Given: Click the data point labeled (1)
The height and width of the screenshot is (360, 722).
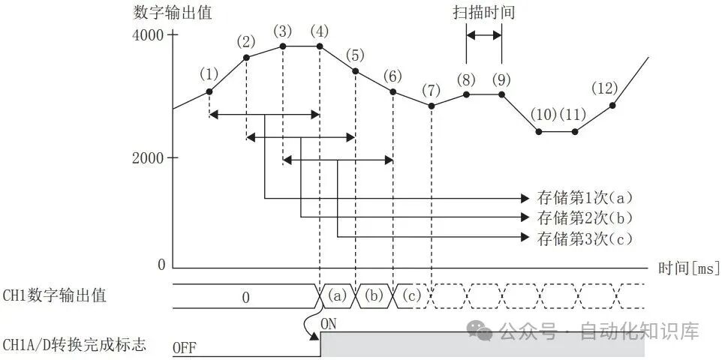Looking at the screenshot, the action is [x=209, y=91].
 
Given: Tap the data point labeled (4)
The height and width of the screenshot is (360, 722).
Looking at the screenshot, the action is [x=320, y=46].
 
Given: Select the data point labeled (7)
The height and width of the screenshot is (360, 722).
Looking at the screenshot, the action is [x=431, y=106].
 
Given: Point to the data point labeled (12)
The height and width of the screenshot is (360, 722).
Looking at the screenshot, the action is [x=612, y=105].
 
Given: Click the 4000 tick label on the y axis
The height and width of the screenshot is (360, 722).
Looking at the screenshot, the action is [x=147, y=35].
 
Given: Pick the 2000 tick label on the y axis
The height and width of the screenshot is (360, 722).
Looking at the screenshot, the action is [x=147, y=158].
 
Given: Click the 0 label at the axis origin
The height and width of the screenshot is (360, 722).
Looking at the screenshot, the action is [x=161, y=265].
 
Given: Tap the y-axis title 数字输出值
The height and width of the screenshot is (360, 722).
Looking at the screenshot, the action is [x=173, y=13].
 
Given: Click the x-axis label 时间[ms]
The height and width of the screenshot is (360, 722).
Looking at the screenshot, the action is [x=689, y=268].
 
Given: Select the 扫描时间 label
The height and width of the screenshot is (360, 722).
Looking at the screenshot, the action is [x=483, y=13].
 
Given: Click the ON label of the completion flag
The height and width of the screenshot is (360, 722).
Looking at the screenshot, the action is [x=328, y=325].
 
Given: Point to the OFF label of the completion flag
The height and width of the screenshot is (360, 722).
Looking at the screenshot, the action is [x=184, y=349].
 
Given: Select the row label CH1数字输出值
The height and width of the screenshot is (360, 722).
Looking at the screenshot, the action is [x=54, y=295].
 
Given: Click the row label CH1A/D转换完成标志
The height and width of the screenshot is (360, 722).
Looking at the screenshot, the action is [x=74, y=344].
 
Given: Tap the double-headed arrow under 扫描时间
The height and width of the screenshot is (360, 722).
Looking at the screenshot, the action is [x=484, y=35].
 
